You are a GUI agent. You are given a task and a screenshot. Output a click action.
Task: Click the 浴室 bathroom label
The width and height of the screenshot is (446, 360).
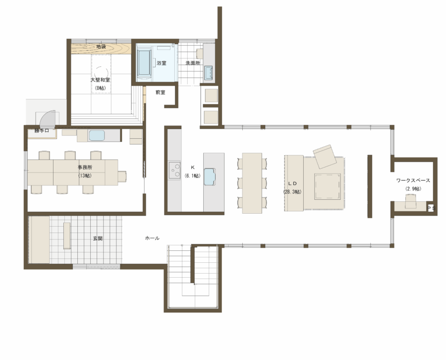click(161, 63)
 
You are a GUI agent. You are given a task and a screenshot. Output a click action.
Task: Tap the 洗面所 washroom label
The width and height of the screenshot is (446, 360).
click(193, 63)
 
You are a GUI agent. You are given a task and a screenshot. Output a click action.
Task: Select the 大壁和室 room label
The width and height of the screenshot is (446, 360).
click(100, 80)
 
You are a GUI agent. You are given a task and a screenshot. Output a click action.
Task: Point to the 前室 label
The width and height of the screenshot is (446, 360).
click(160, 93)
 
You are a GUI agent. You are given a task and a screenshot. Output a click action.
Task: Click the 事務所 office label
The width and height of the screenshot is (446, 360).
click(85, 167)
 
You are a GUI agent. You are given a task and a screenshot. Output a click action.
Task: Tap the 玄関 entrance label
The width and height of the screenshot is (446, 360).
click(98, 239)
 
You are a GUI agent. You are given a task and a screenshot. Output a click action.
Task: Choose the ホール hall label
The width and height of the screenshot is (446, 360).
click(152, 238)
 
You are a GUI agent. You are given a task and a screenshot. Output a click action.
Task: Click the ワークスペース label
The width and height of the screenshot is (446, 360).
click(413, 180)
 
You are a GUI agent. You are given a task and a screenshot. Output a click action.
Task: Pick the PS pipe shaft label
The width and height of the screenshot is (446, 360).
click(431, 208)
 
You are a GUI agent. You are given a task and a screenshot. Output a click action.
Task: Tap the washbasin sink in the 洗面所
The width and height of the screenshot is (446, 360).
click(209, 73)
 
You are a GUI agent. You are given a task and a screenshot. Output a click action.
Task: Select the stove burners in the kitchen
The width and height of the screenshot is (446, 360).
click(174, 170)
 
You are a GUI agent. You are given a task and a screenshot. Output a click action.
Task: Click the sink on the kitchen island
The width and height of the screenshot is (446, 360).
click(210, 177)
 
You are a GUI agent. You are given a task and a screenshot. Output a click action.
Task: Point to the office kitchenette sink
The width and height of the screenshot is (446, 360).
click(97, 135)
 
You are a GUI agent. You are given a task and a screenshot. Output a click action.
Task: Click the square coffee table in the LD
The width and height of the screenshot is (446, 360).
click(328, 186)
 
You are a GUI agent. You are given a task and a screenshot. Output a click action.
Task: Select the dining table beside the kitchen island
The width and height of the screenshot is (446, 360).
click(252, 183)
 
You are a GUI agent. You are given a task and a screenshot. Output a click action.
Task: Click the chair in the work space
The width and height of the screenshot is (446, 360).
click(410, 201)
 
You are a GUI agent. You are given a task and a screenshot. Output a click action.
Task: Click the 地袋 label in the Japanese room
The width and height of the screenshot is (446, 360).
click(101, 47)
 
